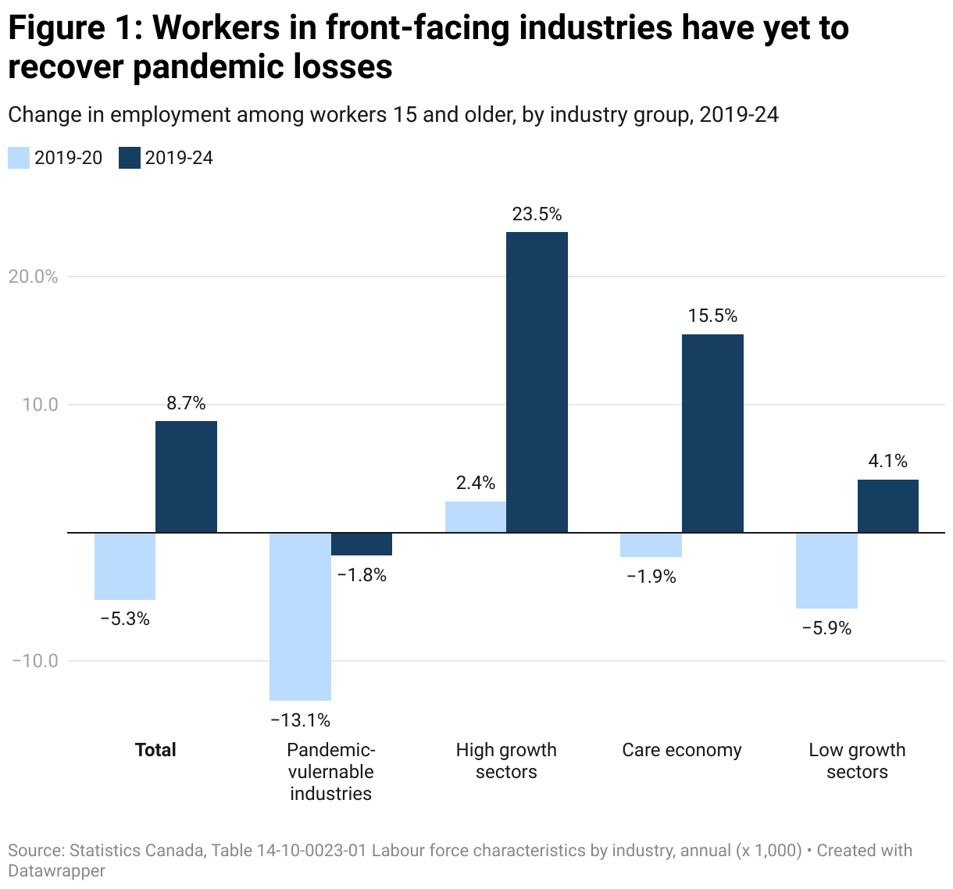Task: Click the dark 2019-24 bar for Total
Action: (x=186, y=477)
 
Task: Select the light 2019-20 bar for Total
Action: (x=125, y=566)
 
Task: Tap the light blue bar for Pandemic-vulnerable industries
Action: (x=300, y=616)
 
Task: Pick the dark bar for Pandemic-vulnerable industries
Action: (x=362, y=544)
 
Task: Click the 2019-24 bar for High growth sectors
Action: (x=537, y=382)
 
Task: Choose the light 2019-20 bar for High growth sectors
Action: (x=476, y=517)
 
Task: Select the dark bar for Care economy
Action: (x=712, y=434)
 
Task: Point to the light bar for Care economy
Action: (x=651, y=544)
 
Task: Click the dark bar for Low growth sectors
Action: (x=887, y=506)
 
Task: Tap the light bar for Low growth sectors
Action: (x=826, y=570)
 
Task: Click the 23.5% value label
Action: (x=537, y=214)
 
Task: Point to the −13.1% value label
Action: (x=300, y=719)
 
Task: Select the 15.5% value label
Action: (x=712, y=316)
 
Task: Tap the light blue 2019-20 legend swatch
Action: (x=19, y=158)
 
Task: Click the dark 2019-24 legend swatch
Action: (x=129, y=158)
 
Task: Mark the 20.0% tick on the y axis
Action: (x=33, y=277)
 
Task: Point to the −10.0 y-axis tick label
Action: (x=34, y=661)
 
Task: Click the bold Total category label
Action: (x=155, y=750)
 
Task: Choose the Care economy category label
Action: (x=681, y=750)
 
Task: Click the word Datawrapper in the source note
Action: (x=56, y=870)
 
